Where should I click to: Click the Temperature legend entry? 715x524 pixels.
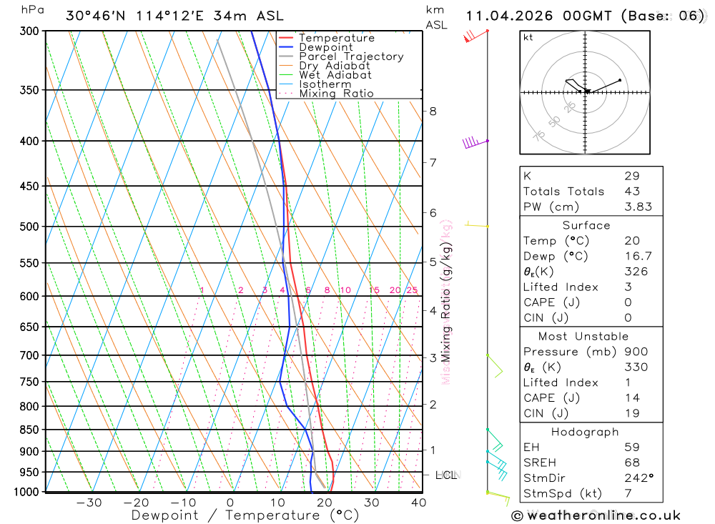[x=336, y=38]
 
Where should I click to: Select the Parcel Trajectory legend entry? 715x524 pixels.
[x=351, y=56]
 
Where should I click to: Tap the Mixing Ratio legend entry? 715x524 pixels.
[x=336, y=94]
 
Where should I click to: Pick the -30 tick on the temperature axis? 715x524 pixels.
[x=89, y=503]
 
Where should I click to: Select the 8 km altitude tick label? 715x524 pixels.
[x=433, y=111]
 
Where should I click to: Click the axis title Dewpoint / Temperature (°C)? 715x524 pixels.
[x=245, y=515]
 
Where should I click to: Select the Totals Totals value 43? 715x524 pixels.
[x=632, y=192]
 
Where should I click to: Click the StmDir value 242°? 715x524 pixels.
[x=636, y=478]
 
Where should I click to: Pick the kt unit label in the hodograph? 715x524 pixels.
[x=528, y=38]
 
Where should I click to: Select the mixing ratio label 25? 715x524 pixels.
[x=411, y=290]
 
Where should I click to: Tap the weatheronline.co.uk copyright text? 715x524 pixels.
[x=596, y=515]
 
